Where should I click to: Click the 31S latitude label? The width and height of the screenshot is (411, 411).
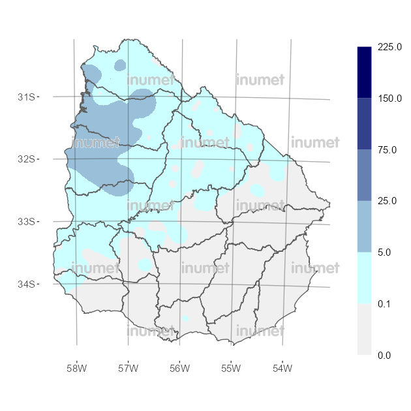[x=27, y=97]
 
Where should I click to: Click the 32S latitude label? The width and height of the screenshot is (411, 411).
[x=27, y=159]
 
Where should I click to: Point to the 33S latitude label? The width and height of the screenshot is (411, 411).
[x=27, y=222]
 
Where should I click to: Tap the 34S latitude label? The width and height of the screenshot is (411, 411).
[x=27, y=284]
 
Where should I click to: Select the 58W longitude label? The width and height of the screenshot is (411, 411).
[x=76, y=369]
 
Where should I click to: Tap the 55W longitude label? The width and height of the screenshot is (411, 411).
[x=231, y=369]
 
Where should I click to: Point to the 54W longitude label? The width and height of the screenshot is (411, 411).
[x=282, y=369]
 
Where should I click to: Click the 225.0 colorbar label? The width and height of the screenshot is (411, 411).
[x=389, y=47]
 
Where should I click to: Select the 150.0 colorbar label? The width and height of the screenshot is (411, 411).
[x=389, y=99]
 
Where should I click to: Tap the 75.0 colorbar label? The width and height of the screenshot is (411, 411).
[x=387, y=150]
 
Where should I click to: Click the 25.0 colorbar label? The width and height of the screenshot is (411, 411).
[x=387, y=201]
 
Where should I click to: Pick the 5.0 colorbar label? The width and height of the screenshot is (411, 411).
[x=384, y=252]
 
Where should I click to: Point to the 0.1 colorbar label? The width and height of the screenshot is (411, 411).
[x=384, y=304]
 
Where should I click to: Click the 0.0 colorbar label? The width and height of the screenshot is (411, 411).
[x=384, y=355]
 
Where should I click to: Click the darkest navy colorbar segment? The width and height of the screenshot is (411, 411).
[x=365, y=72]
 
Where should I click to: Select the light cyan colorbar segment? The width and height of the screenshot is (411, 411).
[x=365, y=278]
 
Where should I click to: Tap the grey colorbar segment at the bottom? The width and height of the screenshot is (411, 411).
[x=365, y=329]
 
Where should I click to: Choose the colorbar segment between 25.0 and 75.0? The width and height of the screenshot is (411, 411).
[x=365, y=175]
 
